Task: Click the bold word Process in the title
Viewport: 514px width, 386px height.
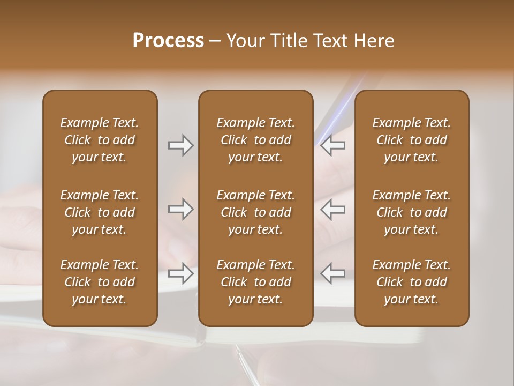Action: [168, 41]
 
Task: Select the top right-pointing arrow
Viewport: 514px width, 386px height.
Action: [180, 145]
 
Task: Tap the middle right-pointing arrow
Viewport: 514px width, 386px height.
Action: [180, 209]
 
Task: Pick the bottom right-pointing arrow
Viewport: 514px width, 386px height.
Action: [180, 273]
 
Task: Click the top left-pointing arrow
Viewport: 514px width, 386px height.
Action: [333, 145]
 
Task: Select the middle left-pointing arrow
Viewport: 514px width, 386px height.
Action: [333, 209]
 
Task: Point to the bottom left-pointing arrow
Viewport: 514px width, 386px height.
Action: [333, 273]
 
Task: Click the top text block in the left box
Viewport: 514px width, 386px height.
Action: [100, 140]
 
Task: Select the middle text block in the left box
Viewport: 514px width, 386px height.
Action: [100, 212]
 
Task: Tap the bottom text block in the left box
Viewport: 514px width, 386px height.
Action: [100, 282]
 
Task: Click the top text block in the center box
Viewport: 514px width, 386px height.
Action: [255, 140]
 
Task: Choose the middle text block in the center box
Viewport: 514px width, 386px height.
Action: [255, 212]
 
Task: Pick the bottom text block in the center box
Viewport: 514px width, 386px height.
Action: [255, 282]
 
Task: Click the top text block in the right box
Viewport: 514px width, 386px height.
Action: [411, 140]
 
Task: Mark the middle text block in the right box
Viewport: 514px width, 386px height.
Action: [411, 212]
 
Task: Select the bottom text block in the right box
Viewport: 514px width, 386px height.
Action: [411, 282]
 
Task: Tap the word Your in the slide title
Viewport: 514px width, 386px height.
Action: [244, 41]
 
